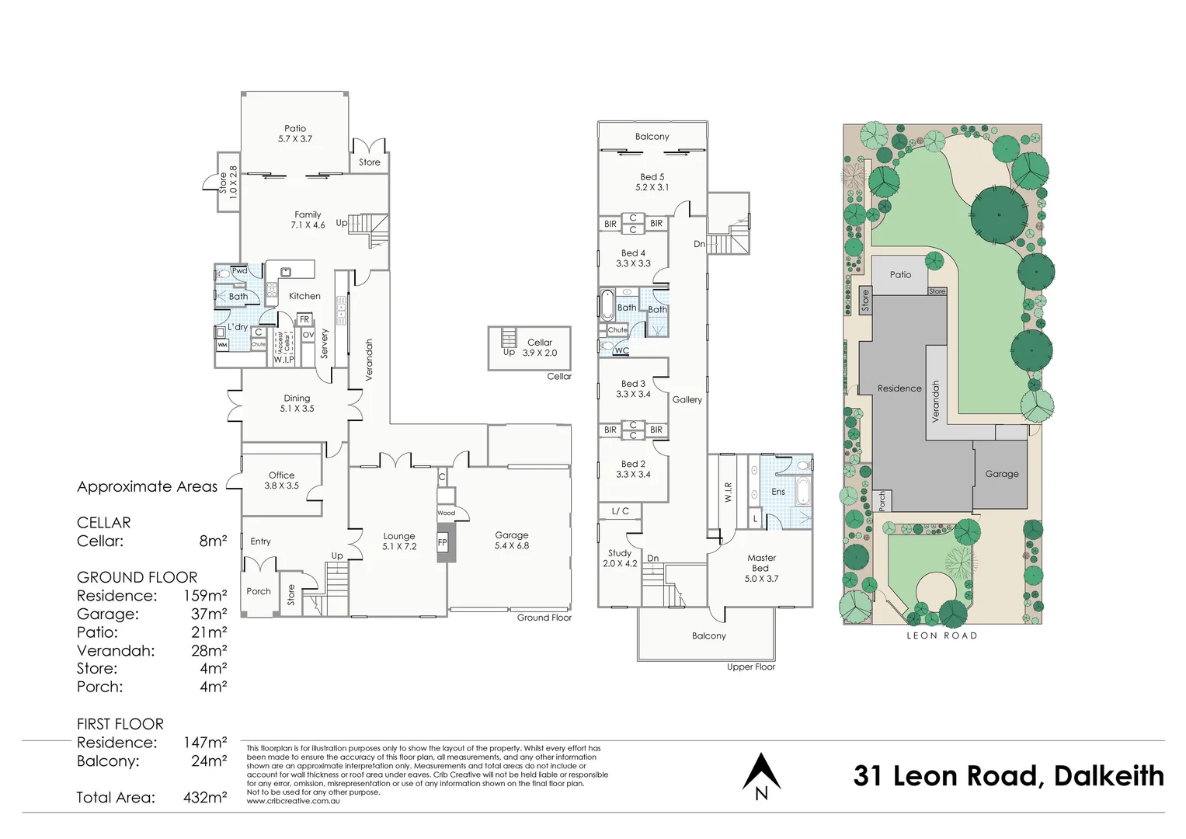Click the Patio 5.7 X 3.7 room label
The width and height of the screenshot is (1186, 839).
coord(295,134)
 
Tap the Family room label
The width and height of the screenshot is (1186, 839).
coord(308,220)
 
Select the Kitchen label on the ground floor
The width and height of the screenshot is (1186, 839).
coord(304,296)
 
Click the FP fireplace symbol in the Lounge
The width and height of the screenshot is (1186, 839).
coord(442,543)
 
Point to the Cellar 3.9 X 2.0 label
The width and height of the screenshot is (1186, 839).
coord(539,347)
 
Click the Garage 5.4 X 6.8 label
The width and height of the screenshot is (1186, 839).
coord(512,540)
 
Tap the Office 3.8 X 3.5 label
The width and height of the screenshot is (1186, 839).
coord(281,480)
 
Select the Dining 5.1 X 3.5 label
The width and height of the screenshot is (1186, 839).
coord(297,403)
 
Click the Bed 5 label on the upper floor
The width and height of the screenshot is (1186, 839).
coord(652,182)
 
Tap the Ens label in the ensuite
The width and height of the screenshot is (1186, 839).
coord(777,492)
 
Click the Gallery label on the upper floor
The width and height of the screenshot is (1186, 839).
coord(687,399)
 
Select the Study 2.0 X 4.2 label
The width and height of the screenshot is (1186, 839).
coord(619,559)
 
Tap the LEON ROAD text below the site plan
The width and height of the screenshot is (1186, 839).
coord(941,635)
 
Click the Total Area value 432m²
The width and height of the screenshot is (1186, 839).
coord(205,797)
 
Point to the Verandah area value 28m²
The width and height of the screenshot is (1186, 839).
coord(209,650)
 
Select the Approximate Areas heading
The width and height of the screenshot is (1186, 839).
coord(147,486)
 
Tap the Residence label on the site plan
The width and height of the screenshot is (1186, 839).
coord(899,388)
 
